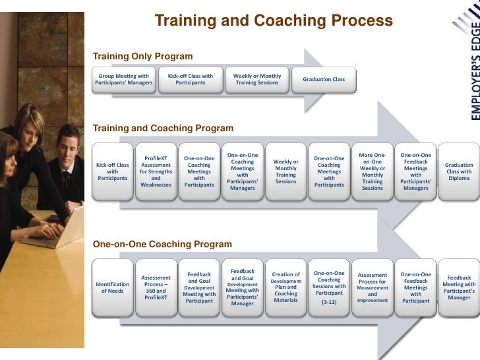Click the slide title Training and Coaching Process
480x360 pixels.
(273, 21)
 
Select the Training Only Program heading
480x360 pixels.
(143, 57)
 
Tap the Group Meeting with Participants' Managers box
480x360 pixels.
(124, 80)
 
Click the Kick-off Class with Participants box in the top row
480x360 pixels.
(191, 80)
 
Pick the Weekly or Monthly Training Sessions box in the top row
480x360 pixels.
(257, 80)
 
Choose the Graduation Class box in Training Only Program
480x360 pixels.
(324, 80)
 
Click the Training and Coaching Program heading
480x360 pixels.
(163, 128)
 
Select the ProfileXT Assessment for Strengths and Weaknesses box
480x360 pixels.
(156, 171)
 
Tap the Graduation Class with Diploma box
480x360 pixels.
(459, 171)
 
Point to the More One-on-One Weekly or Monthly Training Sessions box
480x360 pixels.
(372, 171)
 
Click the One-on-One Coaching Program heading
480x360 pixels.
(162, 244)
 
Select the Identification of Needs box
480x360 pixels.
(113, 287)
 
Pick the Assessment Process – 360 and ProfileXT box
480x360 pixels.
(156, 287)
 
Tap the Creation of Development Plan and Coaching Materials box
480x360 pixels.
(285, 287)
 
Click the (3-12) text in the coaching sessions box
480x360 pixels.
(329, 302)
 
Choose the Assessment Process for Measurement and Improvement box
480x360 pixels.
(372, 287)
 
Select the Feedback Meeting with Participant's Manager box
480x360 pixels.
(459, 287)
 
